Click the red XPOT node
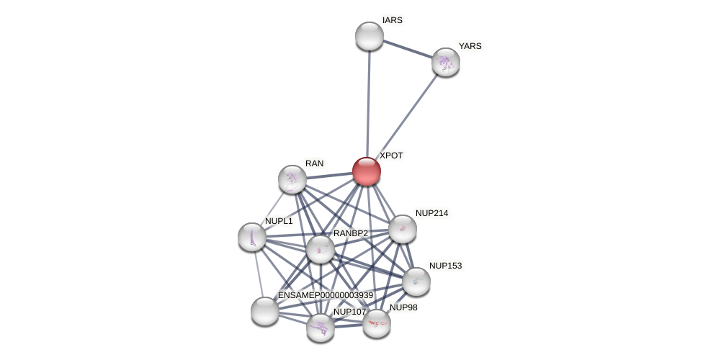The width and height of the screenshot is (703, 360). click(x=367, y=171)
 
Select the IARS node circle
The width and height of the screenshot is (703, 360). click(x=370, y=36)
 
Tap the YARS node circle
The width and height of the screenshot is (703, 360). click(x=446, y=62)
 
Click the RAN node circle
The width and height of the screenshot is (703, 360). click(x=292, y=179)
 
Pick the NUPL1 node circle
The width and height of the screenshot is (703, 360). click(x=252, y=237)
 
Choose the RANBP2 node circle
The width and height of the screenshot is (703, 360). click(x=321, y=249)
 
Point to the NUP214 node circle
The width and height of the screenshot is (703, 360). click(x=403, y=229)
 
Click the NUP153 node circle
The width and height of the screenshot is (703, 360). click(x=416, y=282)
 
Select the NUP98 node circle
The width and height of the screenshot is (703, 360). click(x=377, y=323)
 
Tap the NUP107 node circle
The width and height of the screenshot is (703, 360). click(x=321, y=328)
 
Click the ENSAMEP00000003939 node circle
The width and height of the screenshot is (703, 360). click(x=265, y=311)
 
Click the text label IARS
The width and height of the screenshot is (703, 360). click(x=393, y=20)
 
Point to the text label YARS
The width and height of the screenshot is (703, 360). click(x=470, y=46)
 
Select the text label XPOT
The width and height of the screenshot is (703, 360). click(x=391, y=156)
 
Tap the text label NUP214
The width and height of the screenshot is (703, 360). click(x=431, y=213)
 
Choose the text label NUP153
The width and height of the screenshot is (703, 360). click(x=445, y=266)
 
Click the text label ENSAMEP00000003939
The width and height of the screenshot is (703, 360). click(x=326, y=295)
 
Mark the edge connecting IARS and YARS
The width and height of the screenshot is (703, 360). click(x=408, y=49)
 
